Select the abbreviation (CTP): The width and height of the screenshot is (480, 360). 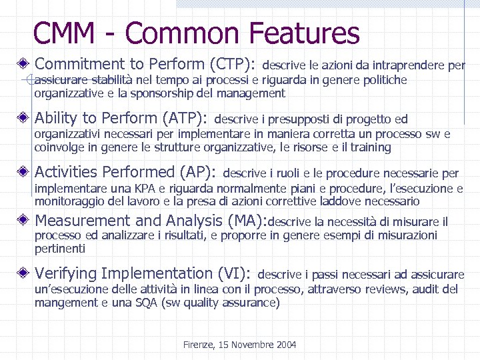tap(232, 65)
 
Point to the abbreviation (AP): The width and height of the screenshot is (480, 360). tap(197, 173)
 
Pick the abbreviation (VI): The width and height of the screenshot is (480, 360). tap(234, 273)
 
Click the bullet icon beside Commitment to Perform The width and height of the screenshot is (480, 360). tap(24, 65)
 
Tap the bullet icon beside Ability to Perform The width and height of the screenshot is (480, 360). tap(24, 119)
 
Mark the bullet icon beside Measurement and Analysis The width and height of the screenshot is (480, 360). tap(24, 221)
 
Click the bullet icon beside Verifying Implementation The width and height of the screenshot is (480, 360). tap(24, 273)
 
